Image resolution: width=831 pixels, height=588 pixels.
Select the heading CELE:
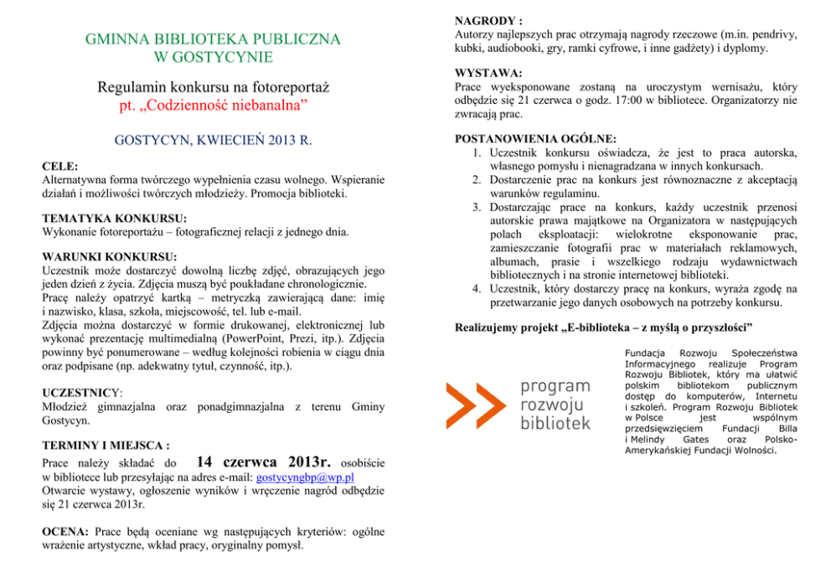59,167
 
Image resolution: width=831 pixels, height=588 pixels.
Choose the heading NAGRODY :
488,19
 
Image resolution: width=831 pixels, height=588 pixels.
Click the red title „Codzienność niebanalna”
214,106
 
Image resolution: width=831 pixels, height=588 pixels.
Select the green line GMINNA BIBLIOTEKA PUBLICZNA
213,39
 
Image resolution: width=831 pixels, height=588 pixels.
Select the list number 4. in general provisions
475,288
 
